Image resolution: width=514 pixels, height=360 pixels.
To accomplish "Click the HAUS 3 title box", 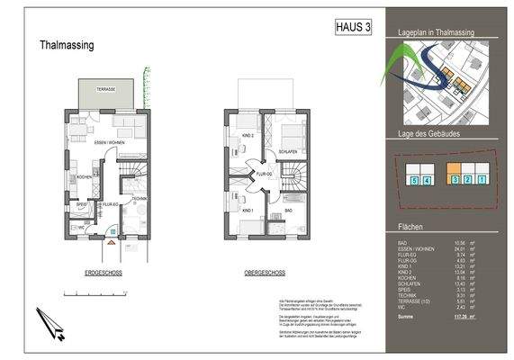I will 352,27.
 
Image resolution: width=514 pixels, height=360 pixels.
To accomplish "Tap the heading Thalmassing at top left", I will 68,45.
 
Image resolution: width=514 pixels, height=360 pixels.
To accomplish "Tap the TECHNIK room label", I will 140,198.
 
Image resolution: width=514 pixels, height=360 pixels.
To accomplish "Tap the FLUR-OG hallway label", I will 264,175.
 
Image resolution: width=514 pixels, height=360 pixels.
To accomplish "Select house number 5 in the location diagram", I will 412,181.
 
